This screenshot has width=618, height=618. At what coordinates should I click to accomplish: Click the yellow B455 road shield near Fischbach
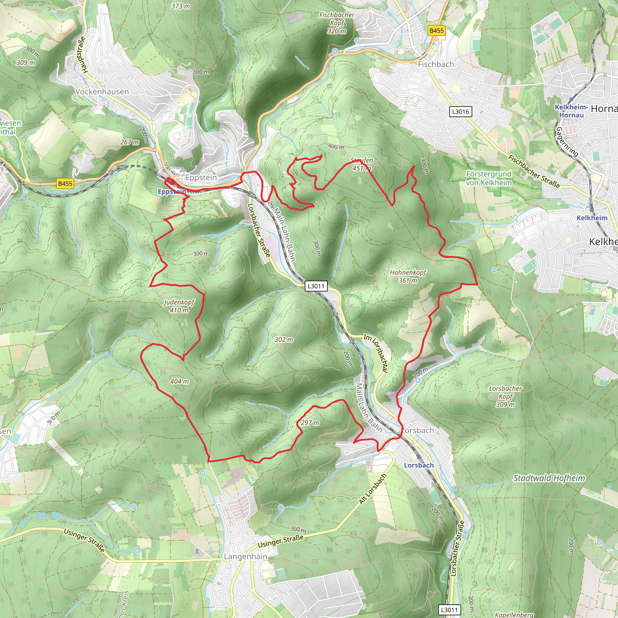(x=437, y=31)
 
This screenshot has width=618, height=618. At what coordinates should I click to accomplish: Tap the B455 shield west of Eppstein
(x=65, y=183)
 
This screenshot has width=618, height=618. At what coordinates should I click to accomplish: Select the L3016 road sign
(x=460, y=112)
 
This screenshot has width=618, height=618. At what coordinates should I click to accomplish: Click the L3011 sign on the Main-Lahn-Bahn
(x=316, y=286)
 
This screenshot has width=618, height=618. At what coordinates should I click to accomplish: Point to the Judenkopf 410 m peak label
(x=179, y=306)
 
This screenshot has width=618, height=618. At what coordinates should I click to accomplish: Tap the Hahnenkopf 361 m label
(x=408, y=276)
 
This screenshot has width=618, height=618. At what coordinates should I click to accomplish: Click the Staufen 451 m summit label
(x=362, y=164)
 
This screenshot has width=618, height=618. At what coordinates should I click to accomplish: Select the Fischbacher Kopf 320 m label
(x=337, y=23)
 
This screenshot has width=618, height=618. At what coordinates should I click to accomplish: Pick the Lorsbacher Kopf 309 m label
(x=505, y=396)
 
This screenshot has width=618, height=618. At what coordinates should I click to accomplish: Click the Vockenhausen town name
(x=102, y=91)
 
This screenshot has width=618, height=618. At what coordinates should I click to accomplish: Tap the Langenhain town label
(x=246, y=556)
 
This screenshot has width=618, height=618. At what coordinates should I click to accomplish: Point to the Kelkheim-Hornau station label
(x=571, y=111)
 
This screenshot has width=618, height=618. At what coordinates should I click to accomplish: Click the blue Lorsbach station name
(x=419, y=465)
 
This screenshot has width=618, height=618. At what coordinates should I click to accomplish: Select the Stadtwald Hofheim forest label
(x=549, y=478)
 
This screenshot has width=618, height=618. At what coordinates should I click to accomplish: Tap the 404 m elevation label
(x=180, y=381)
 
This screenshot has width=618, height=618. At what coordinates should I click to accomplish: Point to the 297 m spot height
(x=310, y=422)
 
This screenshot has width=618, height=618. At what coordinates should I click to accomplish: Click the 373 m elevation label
(x=180, y=6)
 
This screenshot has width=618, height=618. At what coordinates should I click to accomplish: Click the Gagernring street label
(x=567, y=142)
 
